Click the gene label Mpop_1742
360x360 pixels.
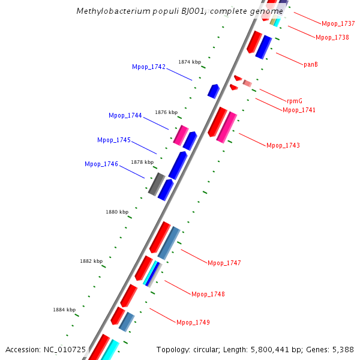point(149,67)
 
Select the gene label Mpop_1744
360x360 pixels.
point(125,115)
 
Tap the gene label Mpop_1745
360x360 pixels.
point(114,140)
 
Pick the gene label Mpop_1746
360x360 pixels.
point(101,164)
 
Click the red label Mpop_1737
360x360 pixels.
point(338,24)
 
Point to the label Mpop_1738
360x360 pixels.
point(332,37)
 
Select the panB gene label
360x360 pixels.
point(310,64)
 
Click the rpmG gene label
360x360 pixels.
point(294,101)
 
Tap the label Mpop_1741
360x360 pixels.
point(299,110)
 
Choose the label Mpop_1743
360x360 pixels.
point(283,145)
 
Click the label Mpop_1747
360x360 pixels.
point(224,263)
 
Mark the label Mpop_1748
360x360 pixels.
point(208,294)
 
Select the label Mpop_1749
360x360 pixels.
point(193,322)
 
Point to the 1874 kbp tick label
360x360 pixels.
point(190,62)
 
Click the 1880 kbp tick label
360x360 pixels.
point(117,212)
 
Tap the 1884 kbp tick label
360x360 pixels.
point(64,310)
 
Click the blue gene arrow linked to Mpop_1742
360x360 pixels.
point(214,91)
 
